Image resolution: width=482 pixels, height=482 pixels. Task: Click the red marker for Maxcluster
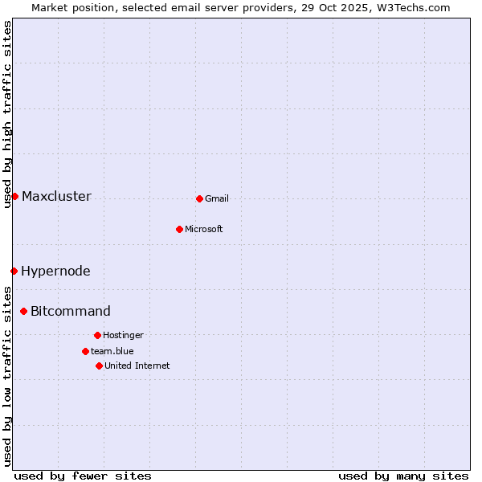point(14,196)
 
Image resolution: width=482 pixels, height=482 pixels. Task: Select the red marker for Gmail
point(199,198)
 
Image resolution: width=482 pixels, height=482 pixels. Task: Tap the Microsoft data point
point(179,229)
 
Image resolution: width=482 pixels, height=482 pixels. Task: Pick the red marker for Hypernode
point(14,271)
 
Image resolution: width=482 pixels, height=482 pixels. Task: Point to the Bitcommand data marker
point(23,311)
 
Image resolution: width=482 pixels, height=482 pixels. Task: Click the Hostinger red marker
point(97,335)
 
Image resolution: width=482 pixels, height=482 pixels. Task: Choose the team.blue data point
point(85,351)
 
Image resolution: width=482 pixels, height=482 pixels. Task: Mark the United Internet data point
point(99,366)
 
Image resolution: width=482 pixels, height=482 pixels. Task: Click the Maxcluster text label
point(56,196)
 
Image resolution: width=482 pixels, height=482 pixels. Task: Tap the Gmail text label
point(217,198)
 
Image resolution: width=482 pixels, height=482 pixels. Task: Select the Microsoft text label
point(203,229)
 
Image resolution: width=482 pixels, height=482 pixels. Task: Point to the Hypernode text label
point(55,271)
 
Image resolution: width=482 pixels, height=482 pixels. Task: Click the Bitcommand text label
point(71,311)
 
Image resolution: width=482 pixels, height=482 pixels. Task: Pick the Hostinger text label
point(123,335)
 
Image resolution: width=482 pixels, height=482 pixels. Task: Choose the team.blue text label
point(112,351)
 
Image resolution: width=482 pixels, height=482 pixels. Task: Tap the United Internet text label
point(137,366)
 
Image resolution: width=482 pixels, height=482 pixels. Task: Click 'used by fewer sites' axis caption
point(83,476)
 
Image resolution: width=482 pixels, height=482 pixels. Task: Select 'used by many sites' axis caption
point(403,476)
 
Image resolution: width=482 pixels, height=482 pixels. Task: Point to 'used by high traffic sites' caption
point(7,114)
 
